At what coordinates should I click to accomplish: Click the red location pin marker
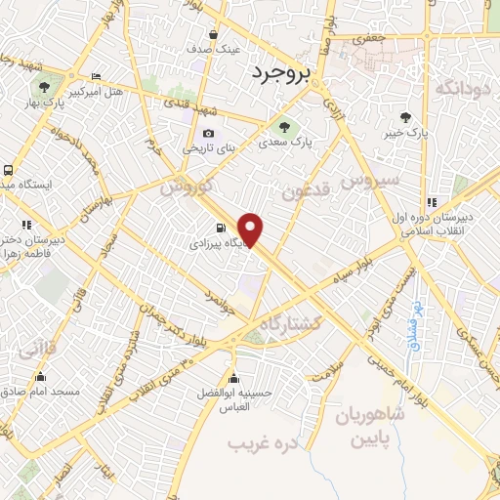pos(251,229)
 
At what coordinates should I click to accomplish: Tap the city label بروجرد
pos(279,73)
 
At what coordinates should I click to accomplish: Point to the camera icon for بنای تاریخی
pos(207,134)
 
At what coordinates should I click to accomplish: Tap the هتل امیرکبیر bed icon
pos(95,77)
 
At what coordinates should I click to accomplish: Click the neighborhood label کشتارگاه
pos(292,323)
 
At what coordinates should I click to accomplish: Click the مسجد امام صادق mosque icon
pos(40,377)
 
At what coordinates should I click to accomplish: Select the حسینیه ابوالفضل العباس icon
pos(232,379)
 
